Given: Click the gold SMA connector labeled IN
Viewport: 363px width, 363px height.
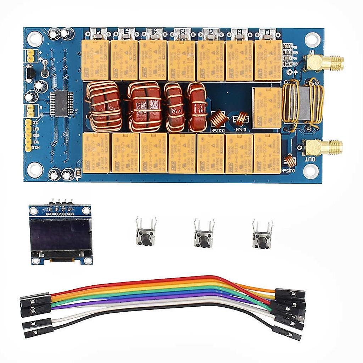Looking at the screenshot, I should [324, 63].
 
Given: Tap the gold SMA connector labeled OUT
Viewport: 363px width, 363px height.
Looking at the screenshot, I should [323, 147].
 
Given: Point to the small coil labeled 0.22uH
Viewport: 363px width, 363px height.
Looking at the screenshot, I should [219, 119].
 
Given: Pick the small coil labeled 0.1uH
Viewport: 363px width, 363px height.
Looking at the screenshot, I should [242, 119].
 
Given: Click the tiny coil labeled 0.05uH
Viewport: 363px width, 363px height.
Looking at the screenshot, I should [290, 161].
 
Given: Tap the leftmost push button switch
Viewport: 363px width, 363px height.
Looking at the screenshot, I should [145, 237].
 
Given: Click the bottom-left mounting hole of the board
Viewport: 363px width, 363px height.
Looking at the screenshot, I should [35, 169].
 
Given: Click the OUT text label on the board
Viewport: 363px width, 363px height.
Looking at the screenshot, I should [310, 160].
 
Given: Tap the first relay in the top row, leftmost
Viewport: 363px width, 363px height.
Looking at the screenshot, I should [95, 60].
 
